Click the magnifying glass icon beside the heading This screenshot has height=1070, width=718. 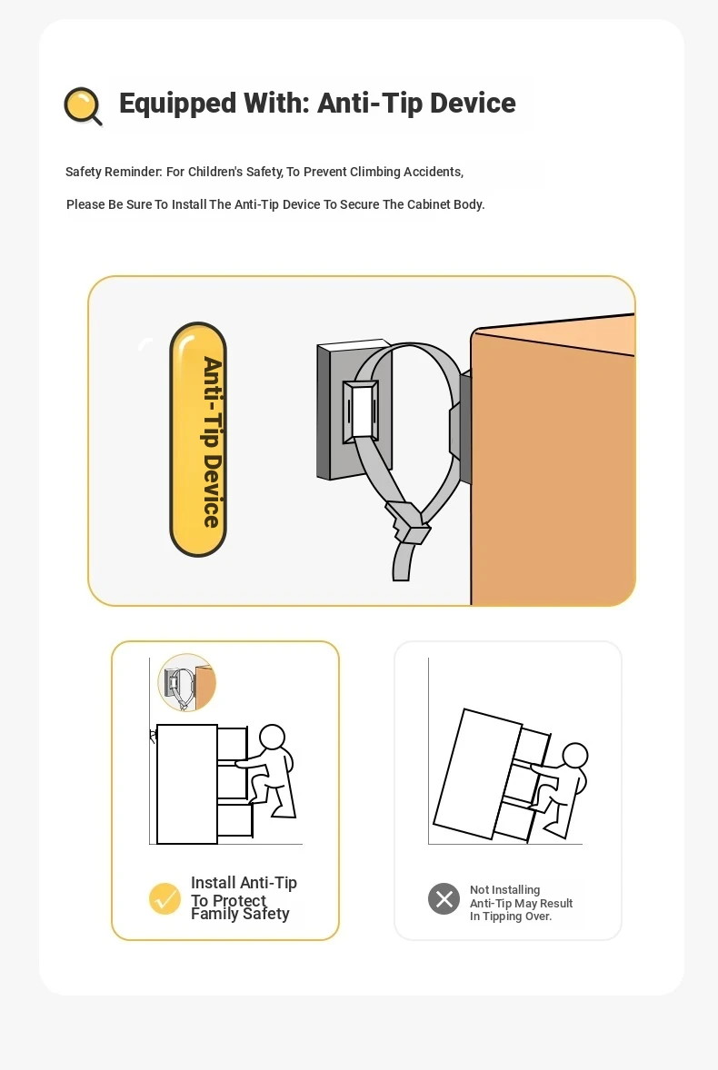pyautogui.click(x=83, y=106)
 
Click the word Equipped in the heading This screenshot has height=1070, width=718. pyautogui.click(x=177, y=104)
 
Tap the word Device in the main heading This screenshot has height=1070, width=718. pyautogui.click(x=473, y=103)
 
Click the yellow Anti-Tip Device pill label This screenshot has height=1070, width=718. pyautogui.click(x=198, y=440)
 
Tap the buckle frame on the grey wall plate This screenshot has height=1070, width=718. pyautogui.click(x=361, y=410)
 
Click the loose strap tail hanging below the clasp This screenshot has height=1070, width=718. pyautogui.click(x=402, y=560)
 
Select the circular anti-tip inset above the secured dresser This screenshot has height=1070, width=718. pyautogui.click(x=187, y=682)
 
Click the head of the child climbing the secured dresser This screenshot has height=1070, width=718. pyautogui.click(x=273, y=738)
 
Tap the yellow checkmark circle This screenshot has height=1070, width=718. pyautogui.click(x=165, y=898)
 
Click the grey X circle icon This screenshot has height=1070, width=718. pyautogui.click(x=444, y=898)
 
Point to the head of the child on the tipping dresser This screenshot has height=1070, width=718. pyautogui.click(x=574, y=756)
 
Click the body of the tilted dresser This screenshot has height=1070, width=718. pyautogui.click(x=478, y=773)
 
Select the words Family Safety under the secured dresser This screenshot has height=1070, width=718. pyautogui.click(x=240, y=915)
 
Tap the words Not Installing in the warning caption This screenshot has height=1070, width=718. pyautogui.click(x=505, y=890)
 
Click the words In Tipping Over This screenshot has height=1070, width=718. pyautogui.click(x=511, y=916)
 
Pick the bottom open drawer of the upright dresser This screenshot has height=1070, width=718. pyautogui.click(x=234, y=819)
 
